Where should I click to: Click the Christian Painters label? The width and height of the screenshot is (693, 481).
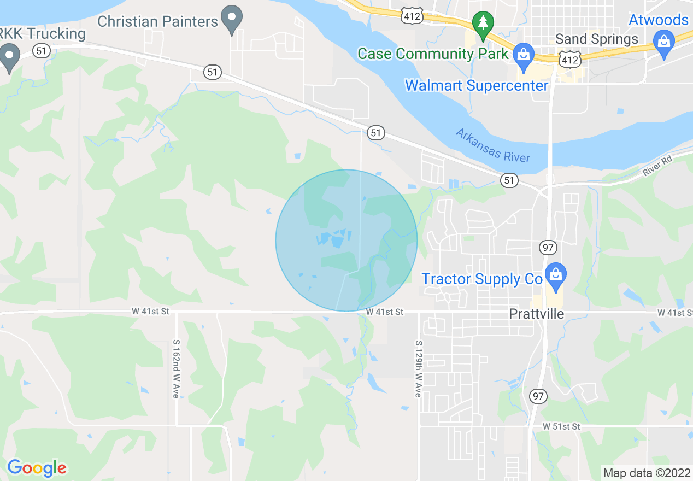(157, 22)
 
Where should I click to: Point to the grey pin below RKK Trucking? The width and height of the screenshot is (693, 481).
(9, 58)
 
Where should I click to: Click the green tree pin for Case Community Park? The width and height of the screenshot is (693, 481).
(483, 25)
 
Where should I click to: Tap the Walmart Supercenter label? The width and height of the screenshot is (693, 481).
(476, 86)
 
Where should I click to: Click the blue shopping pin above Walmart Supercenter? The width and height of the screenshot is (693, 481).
(524, 56)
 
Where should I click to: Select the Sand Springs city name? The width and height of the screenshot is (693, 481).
(596, 39)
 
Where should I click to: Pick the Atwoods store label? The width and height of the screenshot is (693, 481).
(658, 20)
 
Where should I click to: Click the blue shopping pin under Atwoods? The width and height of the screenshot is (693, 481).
(664, 44)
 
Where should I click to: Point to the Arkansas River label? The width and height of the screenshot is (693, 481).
(492, 145)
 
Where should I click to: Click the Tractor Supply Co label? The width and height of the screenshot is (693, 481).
(481, 279)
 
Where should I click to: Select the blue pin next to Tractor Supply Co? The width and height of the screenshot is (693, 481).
(556, 277)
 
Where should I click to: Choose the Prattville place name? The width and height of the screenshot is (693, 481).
(536, 314)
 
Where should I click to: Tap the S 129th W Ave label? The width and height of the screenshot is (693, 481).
(418, 369)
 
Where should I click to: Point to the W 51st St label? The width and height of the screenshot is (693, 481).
(561, 426)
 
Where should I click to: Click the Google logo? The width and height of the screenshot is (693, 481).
(37, 468)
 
